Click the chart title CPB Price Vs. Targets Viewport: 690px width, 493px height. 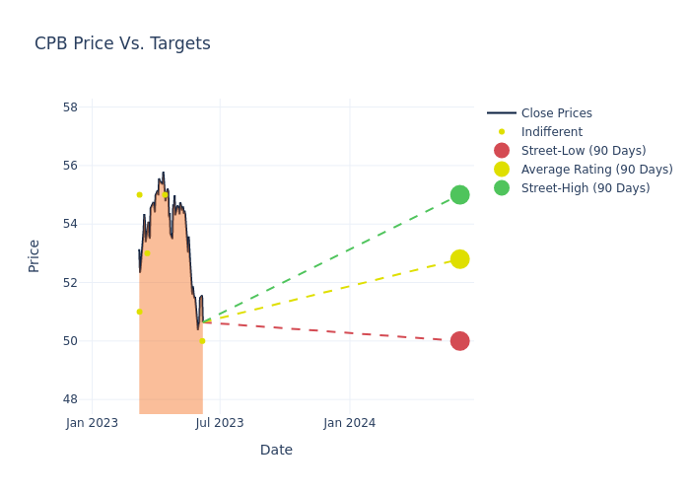click(122, 43)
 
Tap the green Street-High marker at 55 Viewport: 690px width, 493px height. click(459, 194)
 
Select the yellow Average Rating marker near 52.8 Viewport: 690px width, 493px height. click(459, 259)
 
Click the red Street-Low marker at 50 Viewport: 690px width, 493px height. click(459, 341)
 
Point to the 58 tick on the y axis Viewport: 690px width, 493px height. click(71, 106)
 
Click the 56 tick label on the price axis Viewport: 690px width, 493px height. click(71, 166)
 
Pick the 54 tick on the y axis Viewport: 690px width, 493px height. click(71, 224)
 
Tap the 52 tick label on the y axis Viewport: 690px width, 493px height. click(71, 282)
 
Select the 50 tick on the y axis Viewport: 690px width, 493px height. click(71, 341)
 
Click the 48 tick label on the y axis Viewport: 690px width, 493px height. click(71, 399)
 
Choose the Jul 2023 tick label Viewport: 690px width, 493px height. click(220, 423)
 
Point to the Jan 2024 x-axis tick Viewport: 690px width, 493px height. click(350, 423)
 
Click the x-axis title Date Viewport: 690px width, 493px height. click(276, 451)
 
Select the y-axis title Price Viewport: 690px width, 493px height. click(34, 255)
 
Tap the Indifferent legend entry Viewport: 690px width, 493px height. click(551, 132)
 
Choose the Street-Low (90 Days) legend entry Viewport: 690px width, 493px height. click(583, 151)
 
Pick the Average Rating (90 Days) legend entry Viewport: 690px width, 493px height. click(596, 170)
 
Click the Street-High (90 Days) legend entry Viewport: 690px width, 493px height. click(585, 188)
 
